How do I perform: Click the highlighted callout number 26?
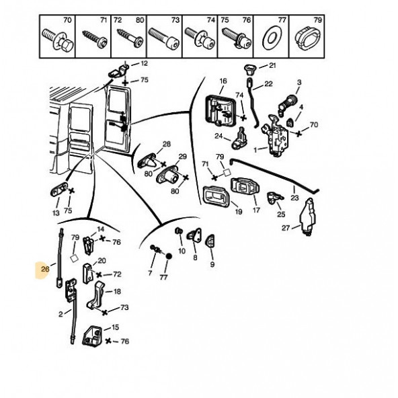pos(44,269)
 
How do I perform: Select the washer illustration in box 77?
pos(271,38)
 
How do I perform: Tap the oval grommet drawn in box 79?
pos(308,38)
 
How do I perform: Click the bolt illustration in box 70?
pos(57,39)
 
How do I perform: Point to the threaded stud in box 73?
pos(164,39)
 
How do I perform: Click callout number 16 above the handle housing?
pos(223,81)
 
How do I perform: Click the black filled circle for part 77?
pos(169,256)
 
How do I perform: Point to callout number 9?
pos(212,264)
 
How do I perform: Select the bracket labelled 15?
pos(91,335)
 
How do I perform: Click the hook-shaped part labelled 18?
pos(96,294)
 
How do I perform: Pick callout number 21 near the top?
pos(272,65)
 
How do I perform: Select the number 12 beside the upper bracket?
pos(144,63)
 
